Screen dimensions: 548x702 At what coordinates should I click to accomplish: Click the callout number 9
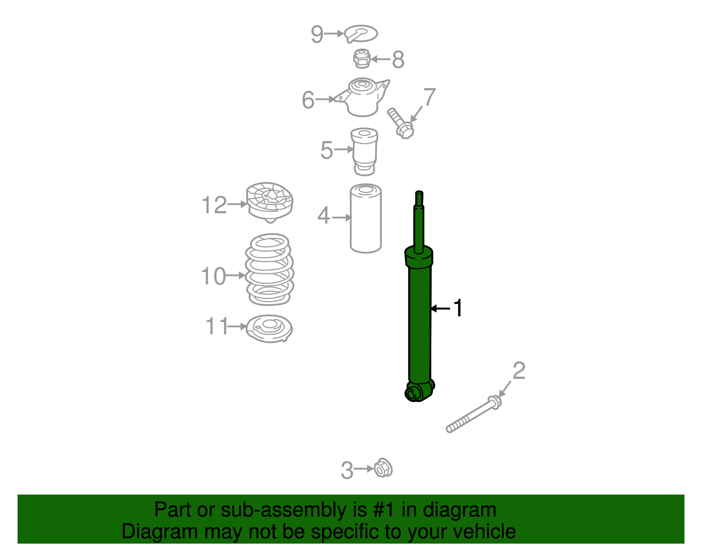click(317, 34)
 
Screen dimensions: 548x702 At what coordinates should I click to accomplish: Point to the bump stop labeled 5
click(364, 150)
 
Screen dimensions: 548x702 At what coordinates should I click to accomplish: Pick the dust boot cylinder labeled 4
click(365, 218)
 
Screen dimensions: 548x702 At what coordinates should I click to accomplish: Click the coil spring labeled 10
click(269, 269)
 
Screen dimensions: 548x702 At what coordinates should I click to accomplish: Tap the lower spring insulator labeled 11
click(269, 328)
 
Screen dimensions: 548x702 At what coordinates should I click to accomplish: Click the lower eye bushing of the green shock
click(413, 393)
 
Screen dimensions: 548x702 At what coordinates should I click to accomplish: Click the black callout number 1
click(458, 308)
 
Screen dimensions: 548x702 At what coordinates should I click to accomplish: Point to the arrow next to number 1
click(440, 308)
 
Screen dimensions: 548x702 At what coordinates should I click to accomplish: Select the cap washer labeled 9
click(361, 33)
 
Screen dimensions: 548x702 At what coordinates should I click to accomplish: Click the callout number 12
click(214, 205)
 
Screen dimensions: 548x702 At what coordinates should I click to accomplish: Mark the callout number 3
click(347, 470)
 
